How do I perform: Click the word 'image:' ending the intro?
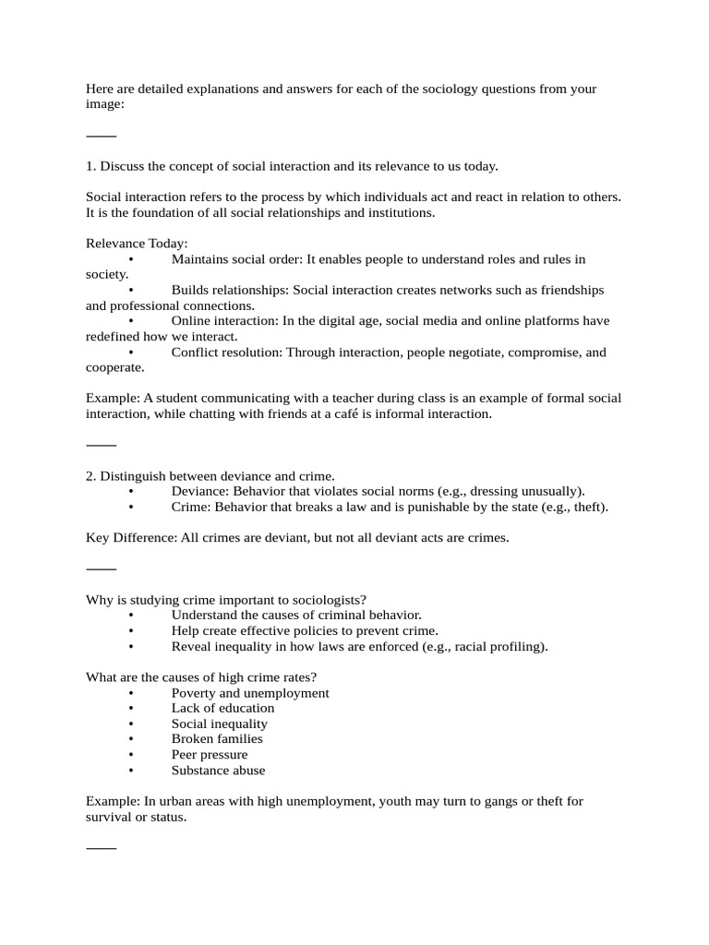tap(104, 104)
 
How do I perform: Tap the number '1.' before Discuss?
tap(91, 166)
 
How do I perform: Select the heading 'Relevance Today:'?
tap(137, 244)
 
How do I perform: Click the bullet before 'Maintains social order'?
tap(132, 259)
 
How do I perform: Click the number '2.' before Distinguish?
tap(91, 476)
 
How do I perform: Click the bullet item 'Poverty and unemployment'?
tap(250, 693)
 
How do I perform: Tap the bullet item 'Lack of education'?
tap(222, 708)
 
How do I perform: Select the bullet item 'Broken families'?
tap(217, 739)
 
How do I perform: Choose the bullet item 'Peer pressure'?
tap(210, 755)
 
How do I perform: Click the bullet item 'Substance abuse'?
tap(218, 771)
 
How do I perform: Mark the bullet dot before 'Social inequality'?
tap(132, 724)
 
